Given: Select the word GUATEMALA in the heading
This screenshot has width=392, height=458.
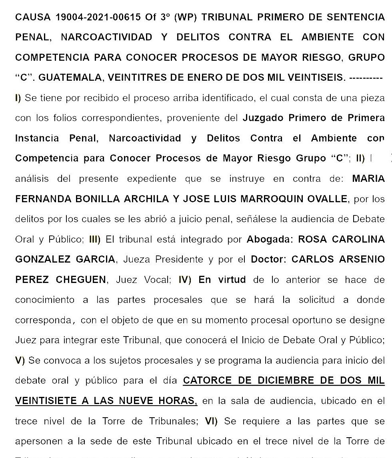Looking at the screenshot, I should click(x=68, y=78).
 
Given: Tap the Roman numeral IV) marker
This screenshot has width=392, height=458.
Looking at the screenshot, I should click(x=185, y=280).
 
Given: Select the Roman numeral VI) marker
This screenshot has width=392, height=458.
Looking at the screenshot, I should click(x=211, y=421).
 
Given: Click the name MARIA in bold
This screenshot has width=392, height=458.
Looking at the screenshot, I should click(x=368, y=179).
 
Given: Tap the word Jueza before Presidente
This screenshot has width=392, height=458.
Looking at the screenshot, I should click(x=136, y=259).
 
